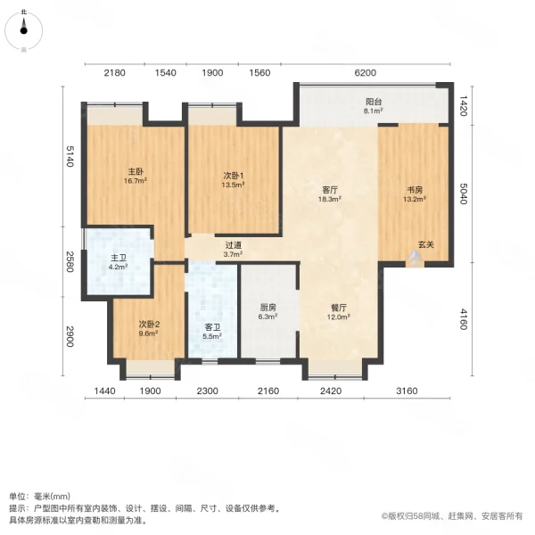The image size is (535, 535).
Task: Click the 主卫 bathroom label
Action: pos(119,257)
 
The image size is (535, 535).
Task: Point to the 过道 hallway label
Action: pos(234,244)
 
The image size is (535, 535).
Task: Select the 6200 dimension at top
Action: pos(366,72)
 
